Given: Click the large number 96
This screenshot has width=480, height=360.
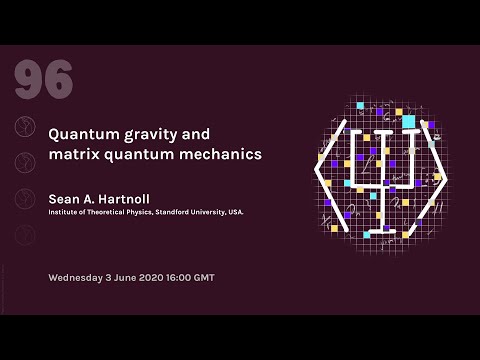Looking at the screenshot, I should point(44,78).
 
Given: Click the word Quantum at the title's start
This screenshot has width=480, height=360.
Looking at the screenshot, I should point(82,134).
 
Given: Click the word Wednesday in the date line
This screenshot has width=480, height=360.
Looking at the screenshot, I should point(81,276).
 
